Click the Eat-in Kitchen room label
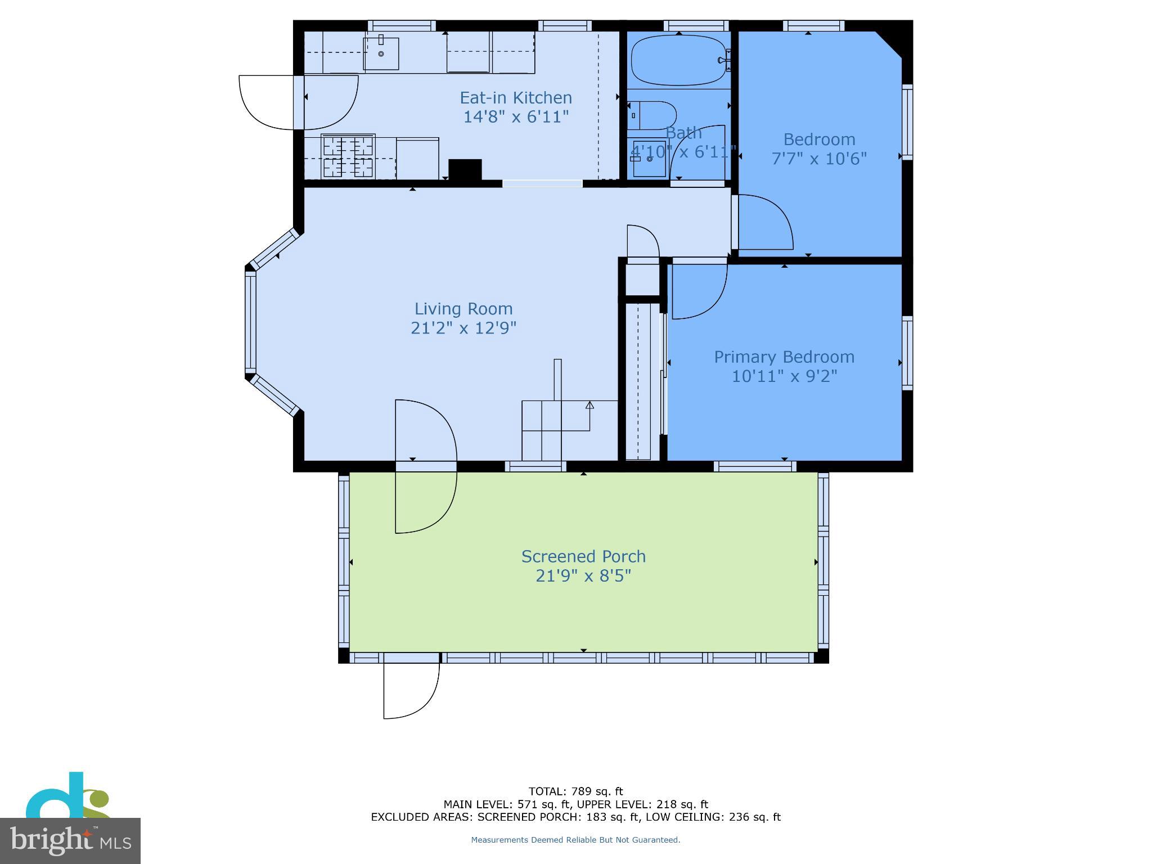click(x=516, y=98)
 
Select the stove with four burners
click(x=348, y=156)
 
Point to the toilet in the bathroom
click(x=651, y=115)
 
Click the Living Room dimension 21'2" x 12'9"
click(x=463, y=328)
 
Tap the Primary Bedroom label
click(x=784, y=357)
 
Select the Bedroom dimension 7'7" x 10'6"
click(x=818, y=159)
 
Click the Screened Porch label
click(x=583, y=556)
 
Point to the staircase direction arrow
click(x=589, y=405)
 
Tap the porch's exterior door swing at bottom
click(x=411, y=691)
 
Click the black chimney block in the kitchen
click(x=465, y=170)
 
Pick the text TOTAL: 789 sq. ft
click(x=575, y=791)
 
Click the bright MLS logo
click(x=70, y=840)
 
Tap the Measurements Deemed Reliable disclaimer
click(x=575, y=840)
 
